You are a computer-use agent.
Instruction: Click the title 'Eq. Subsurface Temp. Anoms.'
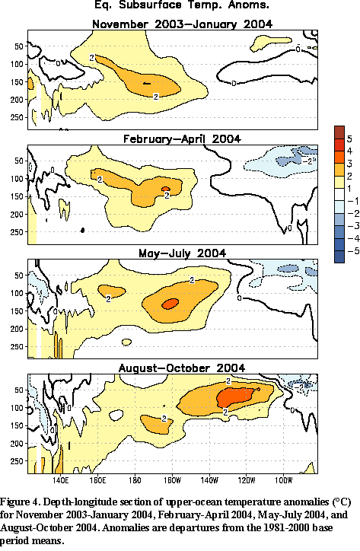182,5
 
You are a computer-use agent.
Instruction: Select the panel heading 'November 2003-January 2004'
182,24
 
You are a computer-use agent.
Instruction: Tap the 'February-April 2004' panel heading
182,139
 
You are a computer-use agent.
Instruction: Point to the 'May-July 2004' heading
182,253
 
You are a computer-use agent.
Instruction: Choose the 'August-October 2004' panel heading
182,368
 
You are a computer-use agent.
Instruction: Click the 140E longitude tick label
60,480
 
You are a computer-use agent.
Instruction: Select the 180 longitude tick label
135,480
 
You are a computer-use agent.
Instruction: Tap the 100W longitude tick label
283,480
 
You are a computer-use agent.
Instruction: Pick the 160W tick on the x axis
172,480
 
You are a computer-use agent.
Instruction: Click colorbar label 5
349,139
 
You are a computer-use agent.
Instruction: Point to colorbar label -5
353,251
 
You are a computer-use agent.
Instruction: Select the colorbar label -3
353,226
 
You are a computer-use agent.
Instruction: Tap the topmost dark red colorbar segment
339,132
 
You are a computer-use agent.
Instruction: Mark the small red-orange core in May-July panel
170,304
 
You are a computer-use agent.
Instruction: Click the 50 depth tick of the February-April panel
19,161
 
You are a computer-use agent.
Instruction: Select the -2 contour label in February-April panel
308,161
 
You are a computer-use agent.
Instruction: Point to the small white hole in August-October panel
116,416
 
